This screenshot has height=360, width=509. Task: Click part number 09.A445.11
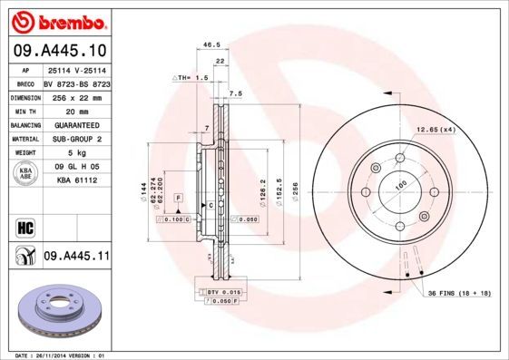pyautogui.click(x=76, y=258)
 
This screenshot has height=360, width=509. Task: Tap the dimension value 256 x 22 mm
pyautogui.click(x=76, y=95)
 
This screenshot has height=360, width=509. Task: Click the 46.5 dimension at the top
pyautogui.click(x=211, y=44)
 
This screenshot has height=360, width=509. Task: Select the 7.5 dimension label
pyautogui.click(x=235, y=93)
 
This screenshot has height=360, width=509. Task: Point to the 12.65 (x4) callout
pyautogui.click(x=435, y=131)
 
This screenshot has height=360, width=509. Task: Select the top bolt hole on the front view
pyautogui.click(x=396, y=161)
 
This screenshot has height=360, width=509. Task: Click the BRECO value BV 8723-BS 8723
pyautogui.click(x=76, y=82)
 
